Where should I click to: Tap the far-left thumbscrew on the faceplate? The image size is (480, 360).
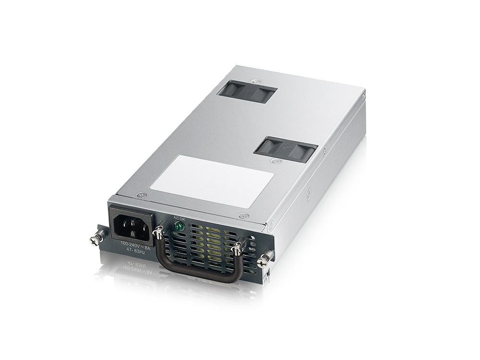(97, 237)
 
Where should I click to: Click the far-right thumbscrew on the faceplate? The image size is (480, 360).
(263, 261)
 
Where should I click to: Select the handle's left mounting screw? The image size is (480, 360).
(157, 234)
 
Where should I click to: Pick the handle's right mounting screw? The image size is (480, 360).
(237, 249)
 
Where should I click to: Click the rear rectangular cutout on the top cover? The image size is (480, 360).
(247, 91)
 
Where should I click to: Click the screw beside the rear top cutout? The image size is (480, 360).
(259, 83)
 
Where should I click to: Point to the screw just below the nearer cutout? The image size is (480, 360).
(276, 161)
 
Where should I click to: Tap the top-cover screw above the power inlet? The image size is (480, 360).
(141, 195)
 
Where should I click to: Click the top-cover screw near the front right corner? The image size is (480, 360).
(244, 216)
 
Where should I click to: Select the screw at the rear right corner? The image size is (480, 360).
(364, 96)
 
